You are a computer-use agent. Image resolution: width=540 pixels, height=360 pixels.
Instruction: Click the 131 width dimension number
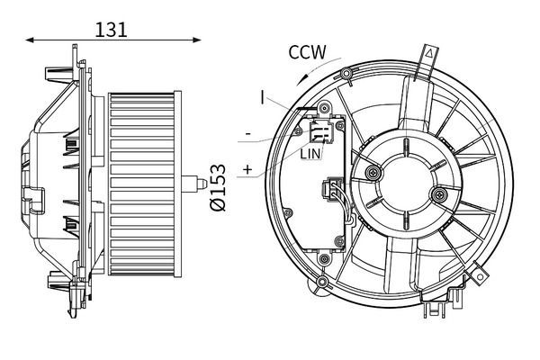coord(111,30)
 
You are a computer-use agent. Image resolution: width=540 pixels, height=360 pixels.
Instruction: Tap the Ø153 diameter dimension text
coord(218,187)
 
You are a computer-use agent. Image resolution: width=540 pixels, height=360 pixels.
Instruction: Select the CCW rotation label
coord(307,52)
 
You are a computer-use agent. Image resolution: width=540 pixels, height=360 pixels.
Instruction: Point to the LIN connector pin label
coord(310,154)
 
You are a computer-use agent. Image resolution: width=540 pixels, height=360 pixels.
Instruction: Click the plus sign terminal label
coord(247,169)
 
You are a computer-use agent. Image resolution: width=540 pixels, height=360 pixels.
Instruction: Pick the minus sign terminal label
coord(248,134)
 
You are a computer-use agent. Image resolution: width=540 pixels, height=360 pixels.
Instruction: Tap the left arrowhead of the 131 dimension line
coord(30,40)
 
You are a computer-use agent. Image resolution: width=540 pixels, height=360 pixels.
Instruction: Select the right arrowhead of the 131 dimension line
coord(196,40)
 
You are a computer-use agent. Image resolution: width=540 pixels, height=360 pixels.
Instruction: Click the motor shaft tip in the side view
coord(203,184)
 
